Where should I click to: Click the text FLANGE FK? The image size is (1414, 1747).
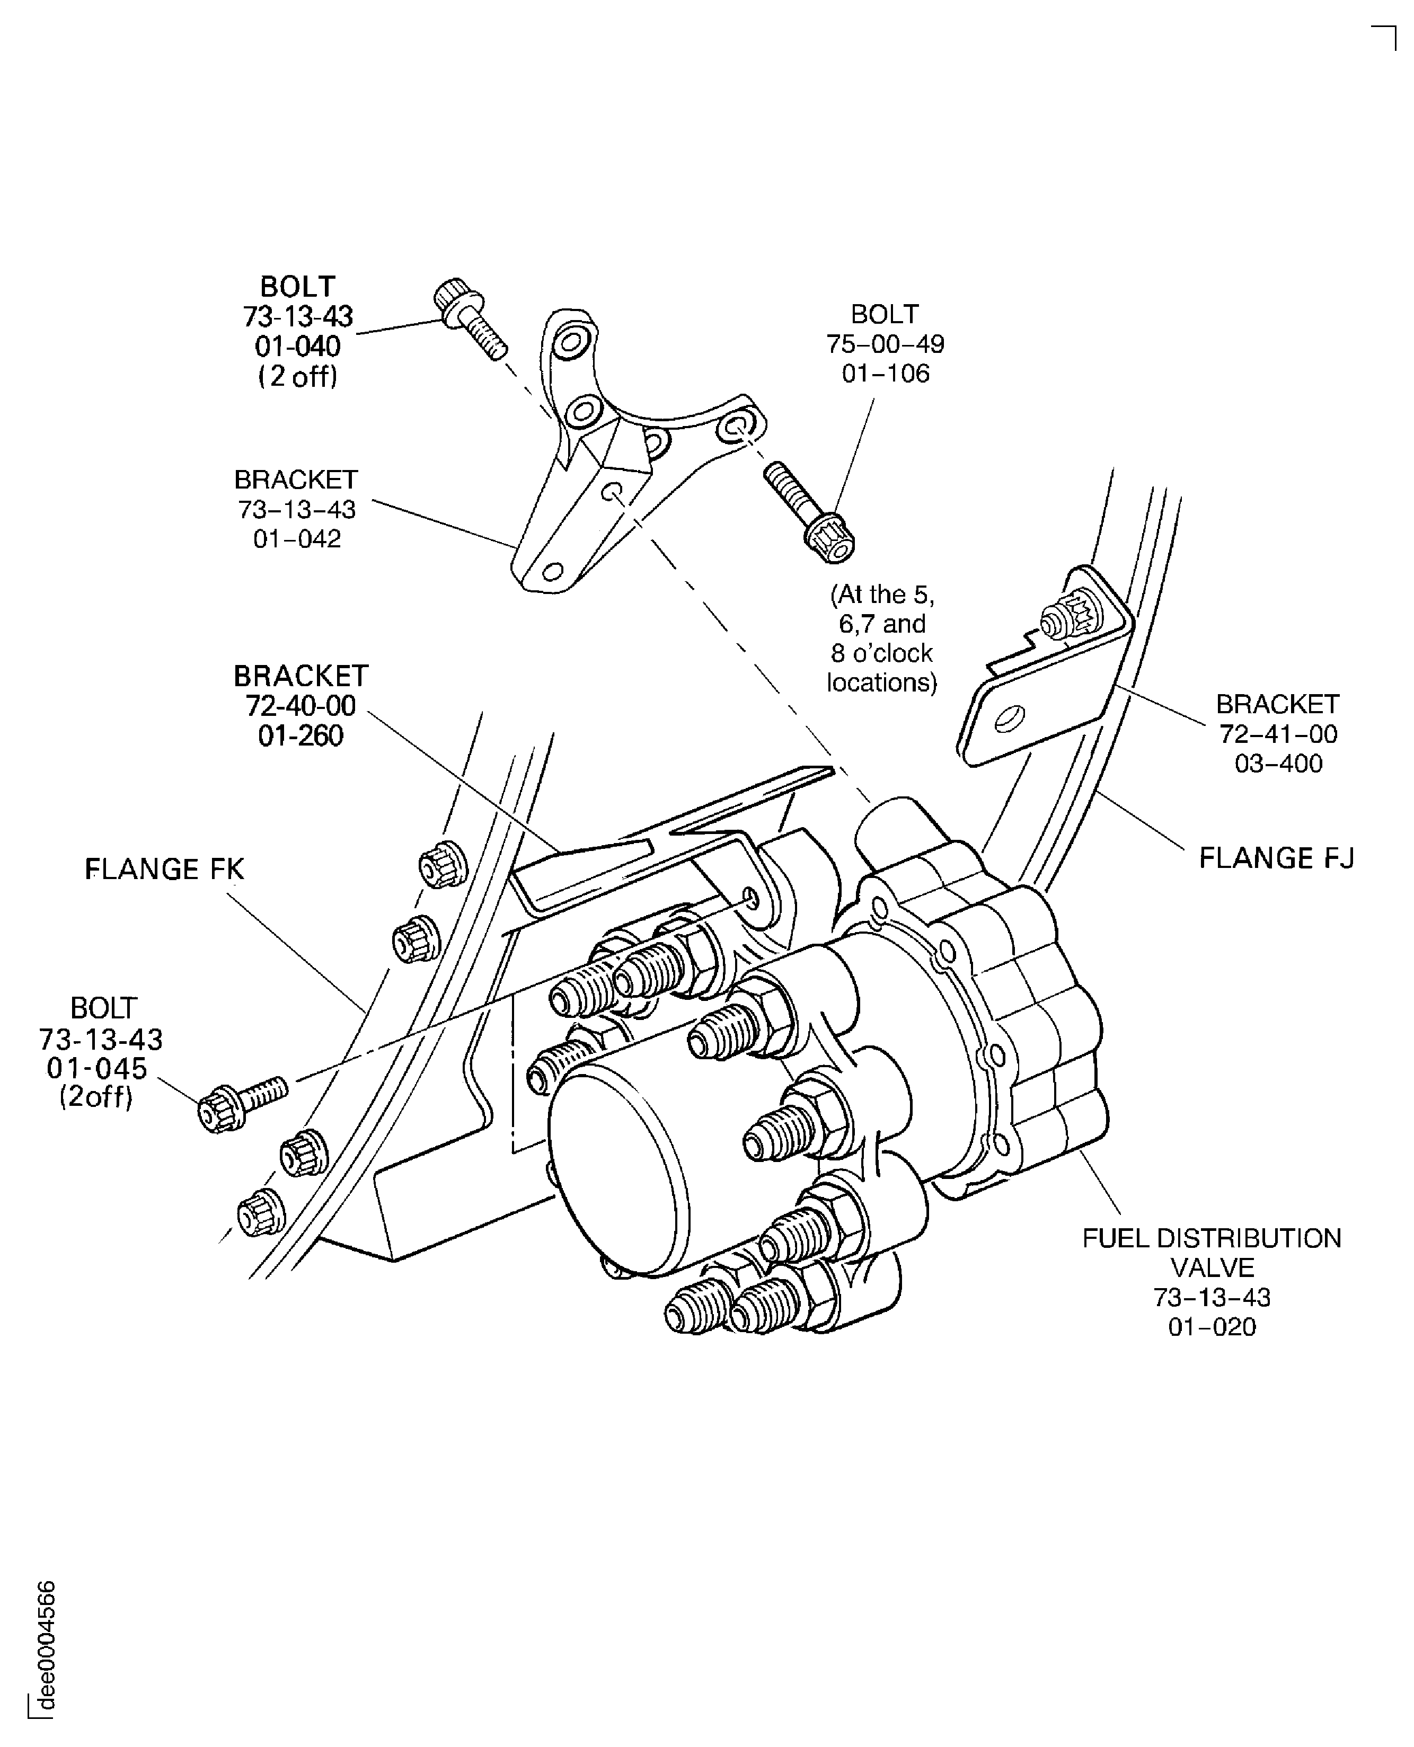(x=164, y=870)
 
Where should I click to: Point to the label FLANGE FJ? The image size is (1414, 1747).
(x=1276, y=858)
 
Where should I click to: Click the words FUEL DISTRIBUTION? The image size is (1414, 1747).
(x=1211, y=1239)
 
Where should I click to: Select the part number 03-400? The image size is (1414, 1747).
(x=1278, y=764)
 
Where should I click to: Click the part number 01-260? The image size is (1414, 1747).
(x=301, y=737)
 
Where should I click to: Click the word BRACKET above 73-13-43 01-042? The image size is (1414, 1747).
(x=296, y=480)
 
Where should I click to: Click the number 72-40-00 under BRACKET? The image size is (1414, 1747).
(x=301, y=706)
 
